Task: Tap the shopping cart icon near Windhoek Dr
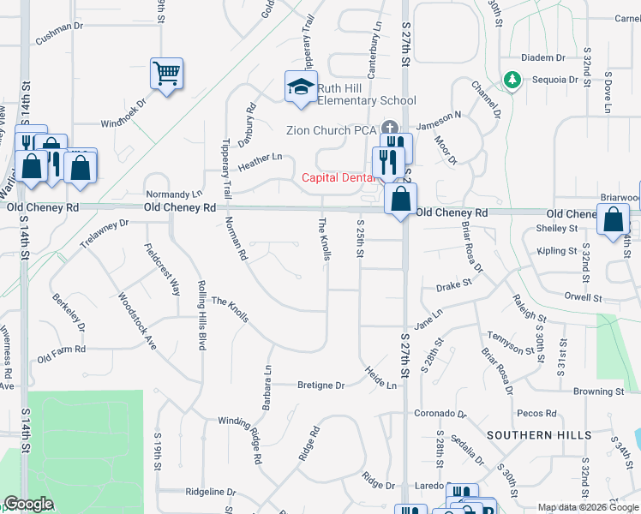tap(166, 72)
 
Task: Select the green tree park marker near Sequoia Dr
tap(512, 80)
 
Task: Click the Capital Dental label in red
tap(338, 178)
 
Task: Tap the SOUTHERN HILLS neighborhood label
tap(538, 435)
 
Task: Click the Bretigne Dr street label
tap(320, 385)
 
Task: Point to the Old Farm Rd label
tap(62, 350)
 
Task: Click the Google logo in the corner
tap(27, 504)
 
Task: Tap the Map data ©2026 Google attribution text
tap(587, 507)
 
